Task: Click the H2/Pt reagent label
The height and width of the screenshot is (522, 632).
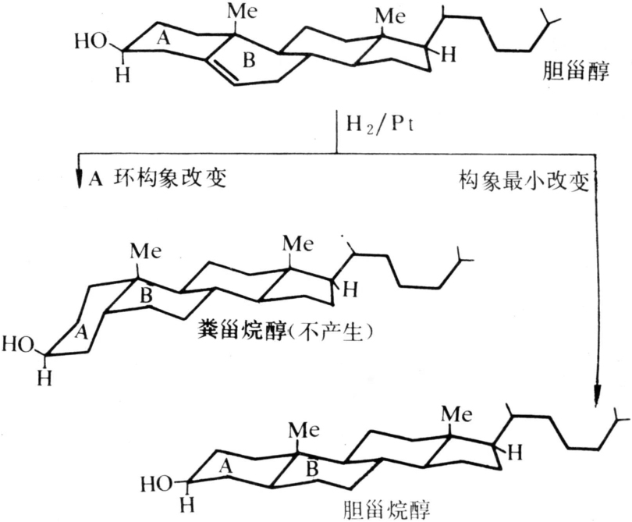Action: coord(380,126)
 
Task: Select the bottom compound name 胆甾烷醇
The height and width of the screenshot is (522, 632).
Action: coord(386,510)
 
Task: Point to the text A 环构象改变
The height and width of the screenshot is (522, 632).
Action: coord(157,178)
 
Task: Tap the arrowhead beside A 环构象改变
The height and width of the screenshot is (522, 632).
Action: coord(80,179)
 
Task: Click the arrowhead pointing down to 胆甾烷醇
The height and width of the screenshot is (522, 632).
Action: coord(598,394)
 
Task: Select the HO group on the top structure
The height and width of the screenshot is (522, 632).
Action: coord(91,41)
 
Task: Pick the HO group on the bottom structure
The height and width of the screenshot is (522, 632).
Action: coord(156,484)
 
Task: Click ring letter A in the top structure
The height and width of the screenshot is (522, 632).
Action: coord(163,38)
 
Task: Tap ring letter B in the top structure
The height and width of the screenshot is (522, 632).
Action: coord(249,61)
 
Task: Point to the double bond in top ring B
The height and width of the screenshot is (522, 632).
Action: coord(222,73)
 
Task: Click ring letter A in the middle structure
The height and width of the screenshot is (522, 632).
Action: coord(82,332)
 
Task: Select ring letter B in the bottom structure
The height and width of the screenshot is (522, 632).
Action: coord(312,469)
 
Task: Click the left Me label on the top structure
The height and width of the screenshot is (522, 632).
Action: coord(242,12)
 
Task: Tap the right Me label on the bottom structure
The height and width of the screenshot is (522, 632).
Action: coord(456,414)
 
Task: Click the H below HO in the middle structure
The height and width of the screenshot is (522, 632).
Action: coord(44,378)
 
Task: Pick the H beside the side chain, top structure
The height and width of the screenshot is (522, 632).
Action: coord(448,55)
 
